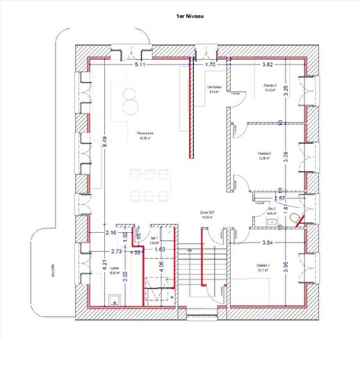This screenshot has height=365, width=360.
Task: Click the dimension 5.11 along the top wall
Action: (140, 65)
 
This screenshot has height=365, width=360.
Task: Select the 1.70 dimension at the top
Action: (211, 65)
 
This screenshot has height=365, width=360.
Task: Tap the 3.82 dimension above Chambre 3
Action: (269, 65)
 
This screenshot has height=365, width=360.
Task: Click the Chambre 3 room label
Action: (270, 88)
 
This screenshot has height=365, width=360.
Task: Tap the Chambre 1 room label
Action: (262, 267)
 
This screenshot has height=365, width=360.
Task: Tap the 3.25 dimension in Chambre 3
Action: (286, 90)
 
